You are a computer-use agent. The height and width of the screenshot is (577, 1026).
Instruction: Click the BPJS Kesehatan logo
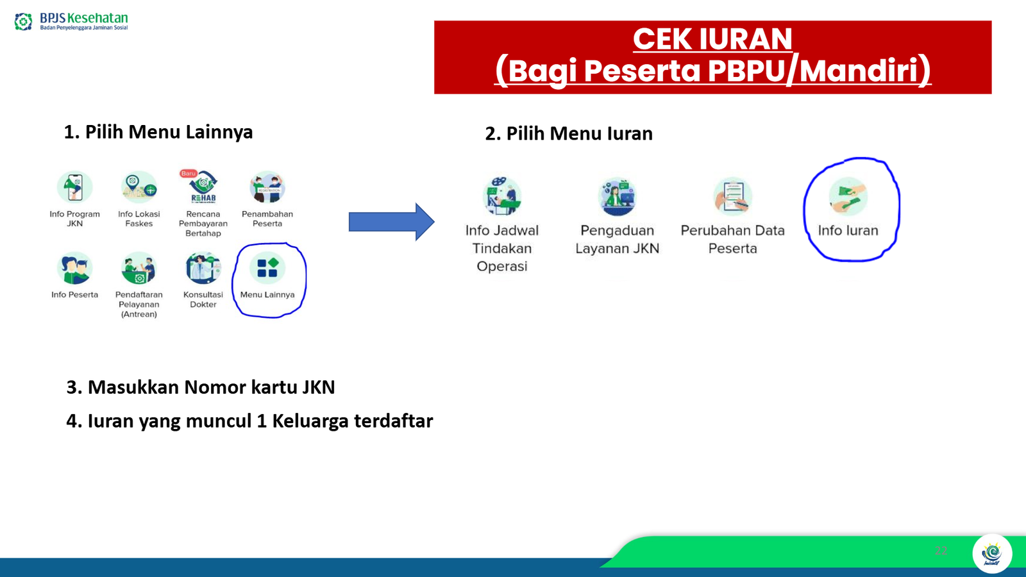click(71, 21)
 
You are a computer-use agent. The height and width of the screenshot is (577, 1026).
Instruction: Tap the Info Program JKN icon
click(74, 187)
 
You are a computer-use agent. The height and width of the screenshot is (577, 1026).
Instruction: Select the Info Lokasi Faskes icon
click(139, 187)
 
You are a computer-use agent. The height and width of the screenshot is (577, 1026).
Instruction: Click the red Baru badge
click(189, 174)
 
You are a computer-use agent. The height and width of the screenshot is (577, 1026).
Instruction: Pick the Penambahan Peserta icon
click(267, 187)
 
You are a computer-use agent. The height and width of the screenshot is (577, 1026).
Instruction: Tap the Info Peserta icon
click(74, 268)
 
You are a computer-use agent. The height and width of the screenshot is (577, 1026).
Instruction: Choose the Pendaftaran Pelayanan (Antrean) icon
click(139, 268)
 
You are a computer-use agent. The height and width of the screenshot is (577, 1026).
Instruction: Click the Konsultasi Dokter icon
click(203, 268)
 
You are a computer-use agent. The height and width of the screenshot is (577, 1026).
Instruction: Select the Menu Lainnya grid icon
click(267, 268)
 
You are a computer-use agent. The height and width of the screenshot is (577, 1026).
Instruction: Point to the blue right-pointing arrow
click(392, 222)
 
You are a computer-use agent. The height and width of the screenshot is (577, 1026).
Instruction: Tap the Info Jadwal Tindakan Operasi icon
click(502, 196)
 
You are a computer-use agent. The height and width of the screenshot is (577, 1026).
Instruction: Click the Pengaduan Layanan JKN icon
click(618, 196)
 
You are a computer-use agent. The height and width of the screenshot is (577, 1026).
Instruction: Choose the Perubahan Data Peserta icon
click(732, 196)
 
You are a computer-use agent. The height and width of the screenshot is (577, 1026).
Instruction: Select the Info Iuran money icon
click(848, 196)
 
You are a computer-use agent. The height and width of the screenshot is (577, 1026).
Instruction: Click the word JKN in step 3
click(318, 387)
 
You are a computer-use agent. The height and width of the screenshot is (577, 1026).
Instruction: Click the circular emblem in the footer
click(992, 554)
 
